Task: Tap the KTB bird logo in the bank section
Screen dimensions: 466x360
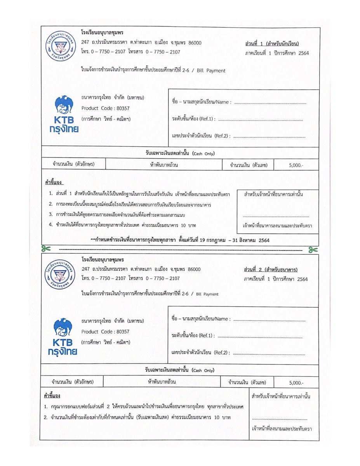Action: point(63,328)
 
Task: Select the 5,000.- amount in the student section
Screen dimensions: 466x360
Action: point(296,165)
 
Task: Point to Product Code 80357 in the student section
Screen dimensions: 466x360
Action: point(105,108)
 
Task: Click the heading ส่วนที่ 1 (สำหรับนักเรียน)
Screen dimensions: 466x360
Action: point(272,44)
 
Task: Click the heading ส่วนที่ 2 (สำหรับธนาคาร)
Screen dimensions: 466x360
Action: point(271,270)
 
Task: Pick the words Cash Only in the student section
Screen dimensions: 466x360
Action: point(203,154)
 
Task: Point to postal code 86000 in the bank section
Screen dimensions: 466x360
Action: point(194,269)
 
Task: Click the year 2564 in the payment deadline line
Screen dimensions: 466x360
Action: point(264,240)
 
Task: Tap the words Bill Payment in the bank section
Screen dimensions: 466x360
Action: point(207,294)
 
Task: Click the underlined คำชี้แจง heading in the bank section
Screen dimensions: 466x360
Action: point(52,396)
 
